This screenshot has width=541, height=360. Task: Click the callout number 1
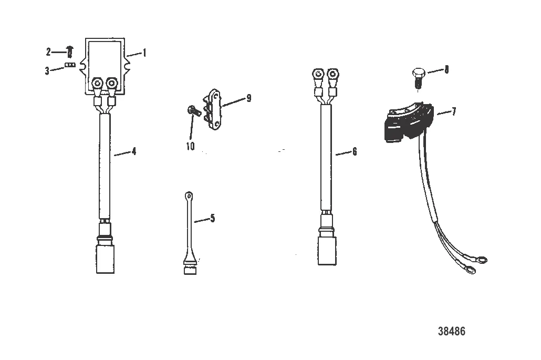tap(144, 53)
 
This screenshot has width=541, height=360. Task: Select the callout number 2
tap(48, 52)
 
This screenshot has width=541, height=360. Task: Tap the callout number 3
tap(47, 70)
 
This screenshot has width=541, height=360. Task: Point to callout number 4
tap(134, 151)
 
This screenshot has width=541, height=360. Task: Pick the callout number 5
tap(212, 218)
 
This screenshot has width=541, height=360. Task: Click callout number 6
tap(355, 151)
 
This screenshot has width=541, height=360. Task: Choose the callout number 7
tap(454, 111)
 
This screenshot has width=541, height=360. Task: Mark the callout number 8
tap(446, 69)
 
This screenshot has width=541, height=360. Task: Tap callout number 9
tap(248, 98)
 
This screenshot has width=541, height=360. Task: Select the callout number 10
tap(190, 146)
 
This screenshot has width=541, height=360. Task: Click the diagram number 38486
tap(451, 331)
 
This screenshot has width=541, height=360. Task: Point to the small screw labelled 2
tap(69, 52)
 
